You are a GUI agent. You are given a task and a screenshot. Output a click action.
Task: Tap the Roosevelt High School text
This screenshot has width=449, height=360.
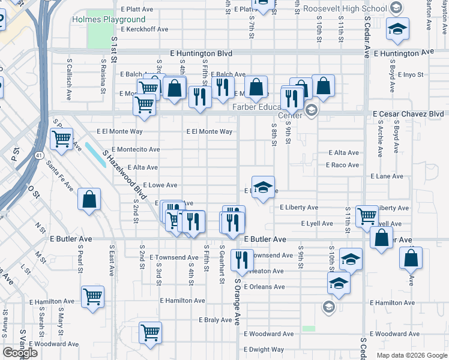[x=345, y=8]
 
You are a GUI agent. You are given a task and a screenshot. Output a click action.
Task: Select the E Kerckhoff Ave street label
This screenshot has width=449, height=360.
[x=144, y=29]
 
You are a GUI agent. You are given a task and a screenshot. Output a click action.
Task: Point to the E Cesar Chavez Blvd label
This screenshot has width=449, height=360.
[x=408, y=113]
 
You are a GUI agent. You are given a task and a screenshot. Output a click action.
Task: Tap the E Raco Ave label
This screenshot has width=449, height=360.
[x=342, y=165]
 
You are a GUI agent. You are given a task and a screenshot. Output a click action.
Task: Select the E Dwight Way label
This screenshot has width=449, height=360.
[x=264, y=349]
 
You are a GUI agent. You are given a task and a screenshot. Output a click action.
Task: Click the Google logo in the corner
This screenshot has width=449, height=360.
[x=19, y=353]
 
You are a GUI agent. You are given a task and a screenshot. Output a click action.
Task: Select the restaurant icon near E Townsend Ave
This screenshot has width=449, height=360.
[x=241, y=260]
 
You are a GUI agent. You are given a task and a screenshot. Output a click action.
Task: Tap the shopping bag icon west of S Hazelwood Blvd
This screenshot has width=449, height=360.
[x=89, y=200]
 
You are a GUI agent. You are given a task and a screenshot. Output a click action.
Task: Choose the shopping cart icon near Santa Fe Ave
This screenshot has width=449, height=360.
[x=62, y=140]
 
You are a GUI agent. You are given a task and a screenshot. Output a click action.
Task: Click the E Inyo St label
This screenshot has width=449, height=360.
[x=411, y=75]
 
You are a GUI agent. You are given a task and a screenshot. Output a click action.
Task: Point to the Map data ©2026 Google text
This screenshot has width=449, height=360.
[x=412, y=355]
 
